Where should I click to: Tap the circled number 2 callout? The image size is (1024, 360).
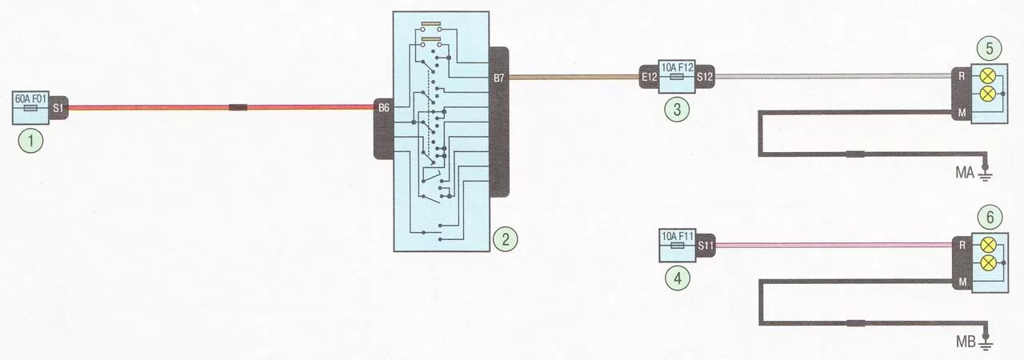click(x=505, y=238)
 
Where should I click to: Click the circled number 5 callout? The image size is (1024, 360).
click(x=989, y=48)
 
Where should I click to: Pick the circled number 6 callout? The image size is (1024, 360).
click(x=989, y=216)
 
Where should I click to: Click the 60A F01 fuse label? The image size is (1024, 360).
click(x=32, y=99)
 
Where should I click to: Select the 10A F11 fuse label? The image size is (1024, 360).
click(x=676, y=236)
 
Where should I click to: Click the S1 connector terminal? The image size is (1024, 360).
click(x=59, y=107)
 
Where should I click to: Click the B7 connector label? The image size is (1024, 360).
click(x=499, y=78)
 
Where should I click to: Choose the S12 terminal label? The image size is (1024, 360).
click(x=705, y=78)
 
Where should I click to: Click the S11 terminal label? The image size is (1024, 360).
click(x=705, y=246)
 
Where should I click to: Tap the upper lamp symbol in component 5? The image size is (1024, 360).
click(x=988, y=78)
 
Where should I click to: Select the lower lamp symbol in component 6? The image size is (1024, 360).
click(x=988, y=262)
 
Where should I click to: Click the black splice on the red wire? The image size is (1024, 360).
click(x=238, y=107)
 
